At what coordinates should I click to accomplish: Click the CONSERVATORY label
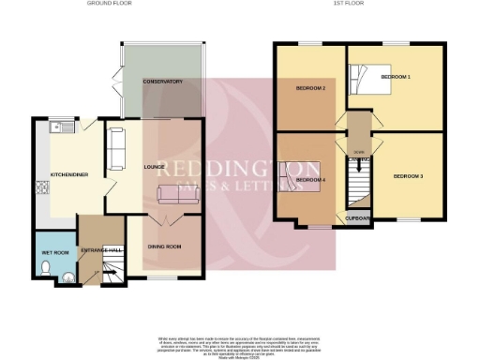pyautogui.click(x=162, y=82)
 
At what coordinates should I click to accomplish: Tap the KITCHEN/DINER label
pyautogui.click(x=69, y=174)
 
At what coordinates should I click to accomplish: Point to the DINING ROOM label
pyautogui.click(x=164, y=247)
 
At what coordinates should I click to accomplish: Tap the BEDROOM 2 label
pyautogui.click(x=310, y=88)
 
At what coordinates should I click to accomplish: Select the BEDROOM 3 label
pyautogui.click(x=408, y=176)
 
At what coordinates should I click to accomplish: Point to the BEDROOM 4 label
pyautogui.click(x=310, y=179)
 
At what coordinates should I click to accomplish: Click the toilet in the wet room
pyautogui.click(x=47, y=268)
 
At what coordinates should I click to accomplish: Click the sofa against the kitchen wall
pyautogui.click(x=117, y=144)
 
